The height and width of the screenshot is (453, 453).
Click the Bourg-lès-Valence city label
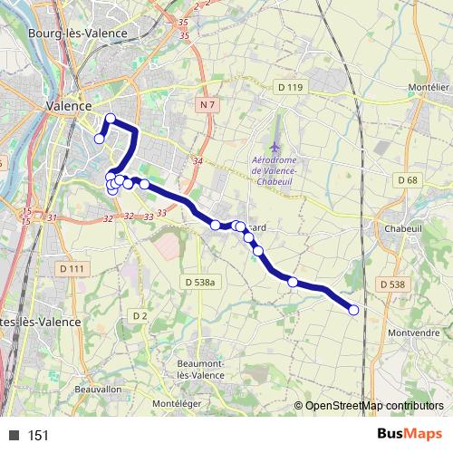[77, 33]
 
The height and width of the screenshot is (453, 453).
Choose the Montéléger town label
[176, 403]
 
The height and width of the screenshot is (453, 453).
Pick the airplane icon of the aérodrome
[275, 146]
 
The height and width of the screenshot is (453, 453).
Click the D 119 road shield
[289, 87]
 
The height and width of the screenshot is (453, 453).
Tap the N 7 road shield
[207, 105]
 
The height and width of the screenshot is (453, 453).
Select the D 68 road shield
[408, 180]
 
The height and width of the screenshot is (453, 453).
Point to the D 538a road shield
[202, 283]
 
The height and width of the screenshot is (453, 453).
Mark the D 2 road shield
[139, 315]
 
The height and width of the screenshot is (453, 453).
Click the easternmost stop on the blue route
[353, 310]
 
